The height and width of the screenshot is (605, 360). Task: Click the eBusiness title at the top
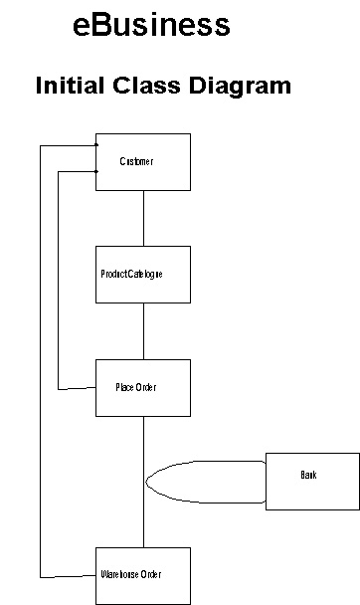151,25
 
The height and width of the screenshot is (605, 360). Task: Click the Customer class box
142,175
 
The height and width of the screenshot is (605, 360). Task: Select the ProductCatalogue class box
142,289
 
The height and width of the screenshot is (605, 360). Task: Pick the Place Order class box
142,402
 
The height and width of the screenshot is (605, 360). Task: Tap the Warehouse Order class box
142,589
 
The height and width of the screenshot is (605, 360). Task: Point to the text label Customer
136,161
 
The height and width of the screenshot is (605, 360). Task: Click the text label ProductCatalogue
131,274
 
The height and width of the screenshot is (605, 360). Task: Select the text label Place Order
135,387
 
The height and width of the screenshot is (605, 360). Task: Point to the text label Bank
308,476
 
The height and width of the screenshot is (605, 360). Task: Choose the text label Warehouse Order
130,575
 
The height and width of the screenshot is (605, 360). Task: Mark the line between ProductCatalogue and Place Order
143,331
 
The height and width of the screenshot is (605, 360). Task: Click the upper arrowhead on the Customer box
94,145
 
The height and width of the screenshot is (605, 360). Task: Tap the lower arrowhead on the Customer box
94,171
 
